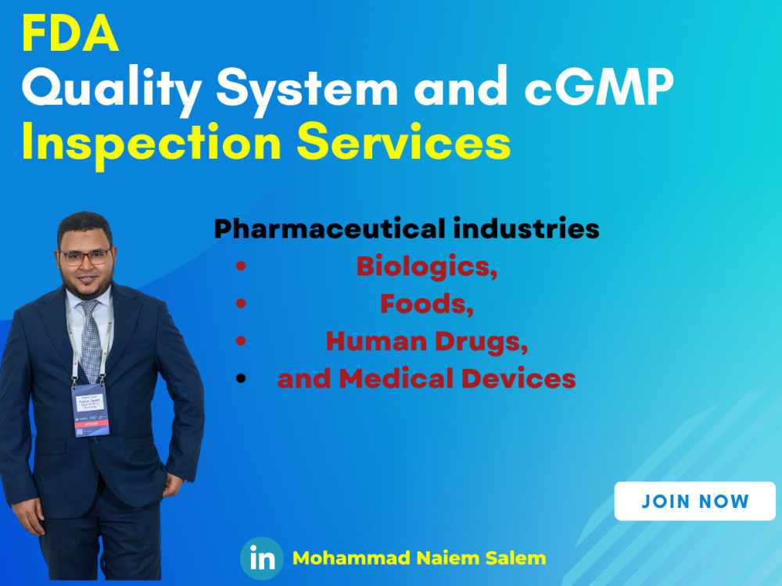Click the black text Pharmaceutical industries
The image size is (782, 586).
(x=407, y=229)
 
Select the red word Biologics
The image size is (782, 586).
(x=427, y=266)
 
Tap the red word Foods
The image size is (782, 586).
(x=427, y=304)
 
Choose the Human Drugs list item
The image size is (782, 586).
(x=427, y=341)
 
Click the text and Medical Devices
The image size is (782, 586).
(x=427, y=379)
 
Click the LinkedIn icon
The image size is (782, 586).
(x=261, y=559)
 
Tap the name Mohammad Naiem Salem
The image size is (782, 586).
(x=419, y=559)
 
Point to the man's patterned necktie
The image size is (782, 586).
(x=91, y=340)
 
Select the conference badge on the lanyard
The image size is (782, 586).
(x=90, y=408)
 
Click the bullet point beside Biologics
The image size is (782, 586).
(x=241, y=267)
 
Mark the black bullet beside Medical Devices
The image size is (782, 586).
(x=241, y=380)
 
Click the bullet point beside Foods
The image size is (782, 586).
(x=241, y=305)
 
